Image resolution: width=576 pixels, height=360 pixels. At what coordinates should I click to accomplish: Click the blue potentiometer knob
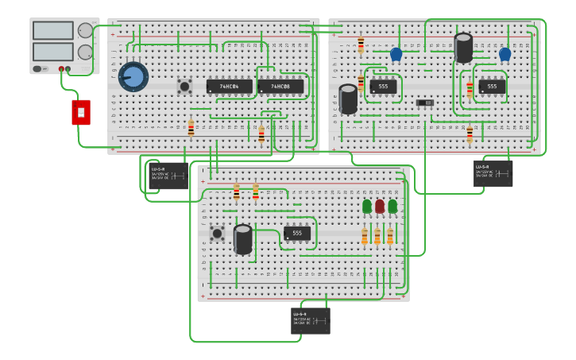point(133,77)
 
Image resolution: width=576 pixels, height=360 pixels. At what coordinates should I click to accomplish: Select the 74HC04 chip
point(230,86)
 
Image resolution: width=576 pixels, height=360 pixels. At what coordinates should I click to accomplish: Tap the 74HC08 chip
point(280,86)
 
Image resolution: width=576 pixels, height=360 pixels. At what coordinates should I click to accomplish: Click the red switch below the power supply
point(81,112)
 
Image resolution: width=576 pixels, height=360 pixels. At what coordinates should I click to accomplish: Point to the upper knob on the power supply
point(85,30)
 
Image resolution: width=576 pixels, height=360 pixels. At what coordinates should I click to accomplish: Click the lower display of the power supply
point(52,52)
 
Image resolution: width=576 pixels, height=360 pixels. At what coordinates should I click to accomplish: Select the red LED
point(380,207)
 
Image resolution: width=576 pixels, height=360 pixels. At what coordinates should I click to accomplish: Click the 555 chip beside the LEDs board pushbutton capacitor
point(297,233)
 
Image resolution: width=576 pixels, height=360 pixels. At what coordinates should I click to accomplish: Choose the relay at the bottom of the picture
point(311,320)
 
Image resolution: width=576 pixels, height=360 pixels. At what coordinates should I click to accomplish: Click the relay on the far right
point(493,173)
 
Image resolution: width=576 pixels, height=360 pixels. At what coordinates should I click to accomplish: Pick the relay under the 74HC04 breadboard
point(168,175)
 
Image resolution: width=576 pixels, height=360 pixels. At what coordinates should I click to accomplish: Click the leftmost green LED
point(367,207)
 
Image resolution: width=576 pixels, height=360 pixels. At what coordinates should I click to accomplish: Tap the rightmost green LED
point(392,207)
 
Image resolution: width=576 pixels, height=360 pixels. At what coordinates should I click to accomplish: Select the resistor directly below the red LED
point(377,237)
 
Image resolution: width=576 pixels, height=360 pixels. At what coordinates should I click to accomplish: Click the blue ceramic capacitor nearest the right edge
point(505,54)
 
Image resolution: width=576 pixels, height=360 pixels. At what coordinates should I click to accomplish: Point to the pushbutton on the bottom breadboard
point(217,233)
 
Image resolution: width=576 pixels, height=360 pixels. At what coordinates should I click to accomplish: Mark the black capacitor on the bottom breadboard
point(243,239)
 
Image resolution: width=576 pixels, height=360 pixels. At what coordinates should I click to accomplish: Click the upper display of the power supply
point(52,31)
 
